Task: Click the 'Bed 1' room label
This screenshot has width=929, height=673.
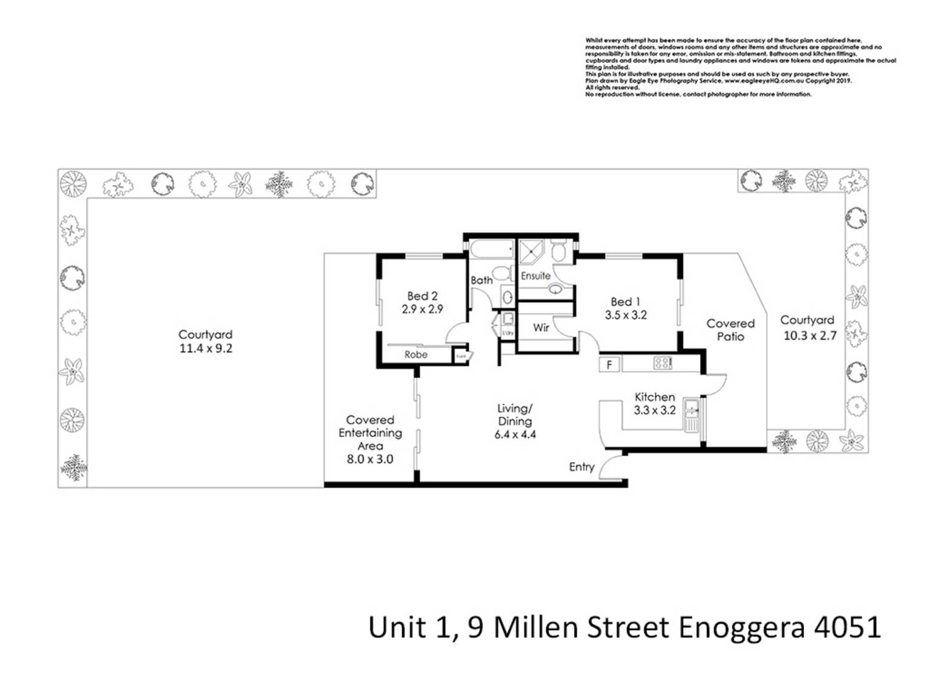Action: pyautogui.click(x=625, y=301)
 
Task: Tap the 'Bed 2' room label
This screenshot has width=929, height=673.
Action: pyautogui.click(x=422, y=296)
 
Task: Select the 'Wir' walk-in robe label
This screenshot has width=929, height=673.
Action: pyautogui.click(x=541, y=327)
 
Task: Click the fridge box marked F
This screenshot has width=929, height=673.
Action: pyautogui.click(x=609, y=364)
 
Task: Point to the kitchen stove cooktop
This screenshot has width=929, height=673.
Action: pyautogui.click(x=662, y=363)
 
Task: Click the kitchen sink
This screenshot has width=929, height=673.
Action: pyautogui.click(x=691, y=415)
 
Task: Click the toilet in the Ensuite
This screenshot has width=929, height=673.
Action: pyautogui.click(x=559, y=250)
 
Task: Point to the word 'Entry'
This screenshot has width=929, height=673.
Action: pyautogui.click(x=581, y=467)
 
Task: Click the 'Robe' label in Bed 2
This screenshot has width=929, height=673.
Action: pyautogui.click(x=415, y=355)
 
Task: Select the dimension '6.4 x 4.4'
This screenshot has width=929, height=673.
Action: pyautogui.click(x=515, y=435)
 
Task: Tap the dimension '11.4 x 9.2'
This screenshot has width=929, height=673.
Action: pyautogui.click(x=205, y=349)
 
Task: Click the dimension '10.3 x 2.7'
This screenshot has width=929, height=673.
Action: pyautogui.click(x=810, y=335)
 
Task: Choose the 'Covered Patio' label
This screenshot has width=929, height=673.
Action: pyautogui.click(x=730, y=330)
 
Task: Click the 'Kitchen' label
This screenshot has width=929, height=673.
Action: pyautogui.click(x=655, y=397)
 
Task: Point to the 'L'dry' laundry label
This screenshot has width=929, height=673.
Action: pyautogui.click(x=507, y=333)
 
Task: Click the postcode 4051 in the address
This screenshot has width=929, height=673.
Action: pyautogui.click(x=848, y=627)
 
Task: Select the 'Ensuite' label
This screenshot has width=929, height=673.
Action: pyautogui.click(x=535, y=276)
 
